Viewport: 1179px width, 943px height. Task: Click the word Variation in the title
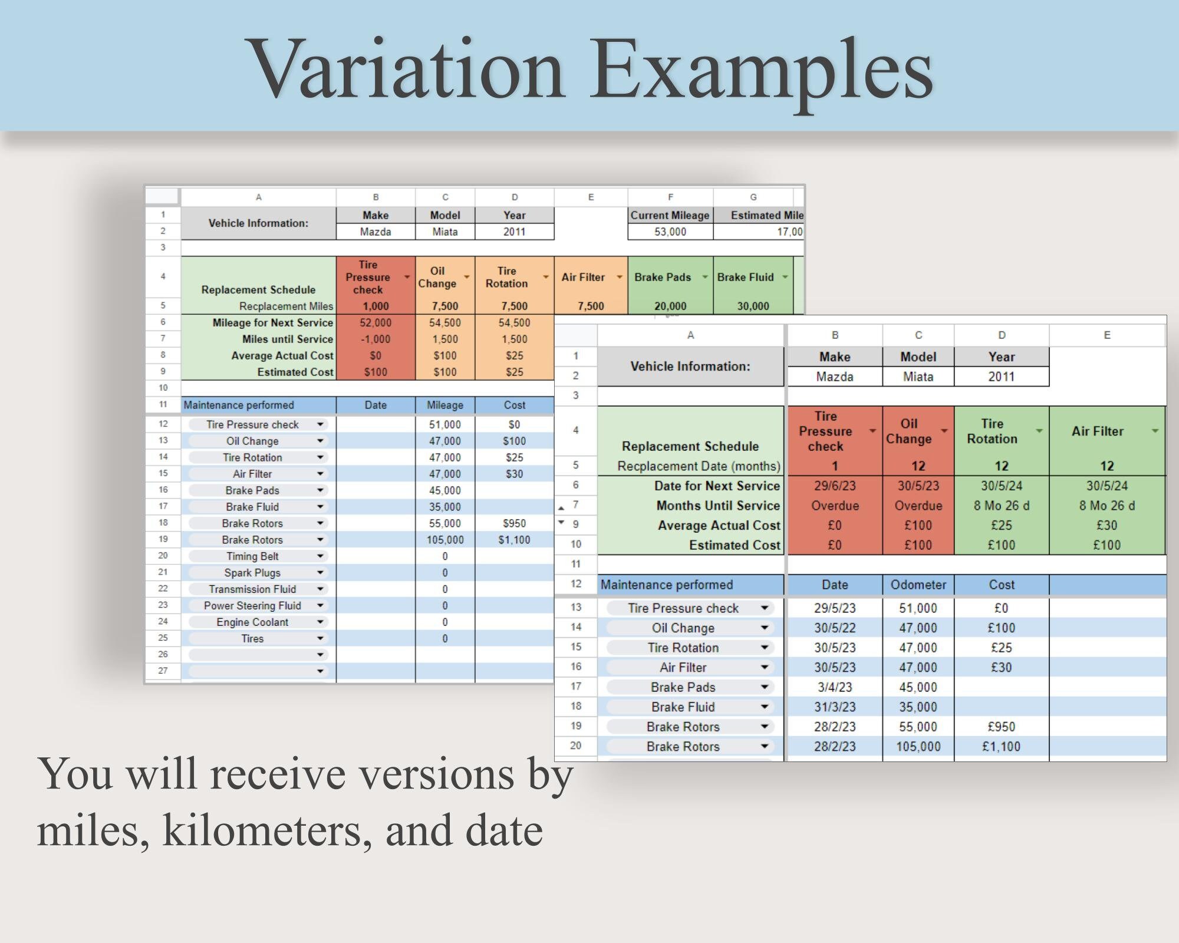click(x=406, y=70)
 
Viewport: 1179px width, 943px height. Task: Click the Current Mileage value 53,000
click(x=670, y=232)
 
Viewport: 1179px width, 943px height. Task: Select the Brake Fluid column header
click(x=745, y=277)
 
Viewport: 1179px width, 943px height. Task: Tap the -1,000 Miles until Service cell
click(x=376, y=339)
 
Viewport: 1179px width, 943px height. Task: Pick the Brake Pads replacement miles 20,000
click(x=670, y=306)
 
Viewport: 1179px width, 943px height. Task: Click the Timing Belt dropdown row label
click(x=252, y=556)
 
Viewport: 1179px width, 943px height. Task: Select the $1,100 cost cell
click(x=514, y=540)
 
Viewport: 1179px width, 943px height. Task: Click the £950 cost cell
click(x=1001, y=727)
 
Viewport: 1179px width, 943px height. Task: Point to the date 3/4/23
click(x=835, y=687)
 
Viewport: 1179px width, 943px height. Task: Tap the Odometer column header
click(x=918, y=585)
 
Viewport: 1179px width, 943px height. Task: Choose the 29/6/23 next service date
click(x=835, y=486)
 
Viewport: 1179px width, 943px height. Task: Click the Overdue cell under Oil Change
click(x=918, y=506)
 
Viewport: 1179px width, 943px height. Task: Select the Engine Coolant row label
click(x=252, y=622)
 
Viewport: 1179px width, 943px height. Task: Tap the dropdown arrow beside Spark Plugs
click(x=320, y=573)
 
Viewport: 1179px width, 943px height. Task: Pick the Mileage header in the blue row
click(x=444, y=405)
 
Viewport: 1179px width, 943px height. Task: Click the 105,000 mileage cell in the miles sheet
click(x=444, y=540)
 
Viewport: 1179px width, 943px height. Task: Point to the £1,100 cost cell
click(x=1001, y=747)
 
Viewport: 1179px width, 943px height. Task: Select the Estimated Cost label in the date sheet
click(x=735, y=545)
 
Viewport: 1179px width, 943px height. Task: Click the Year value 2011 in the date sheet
click(x=1001, y=377)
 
